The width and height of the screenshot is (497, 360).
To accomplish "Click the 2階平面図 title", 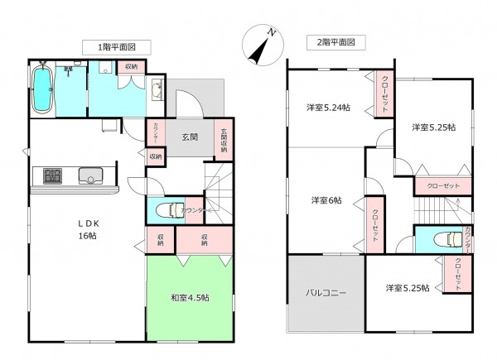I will (331, 41).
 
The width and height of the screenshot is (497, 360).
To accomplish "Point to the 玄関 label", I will (190, 137).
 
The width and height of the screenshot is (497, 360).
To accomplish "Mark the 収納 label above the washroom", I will (132, 66).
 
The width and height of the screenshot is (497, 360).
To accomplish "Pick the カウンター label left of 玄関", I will (154, 132).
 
